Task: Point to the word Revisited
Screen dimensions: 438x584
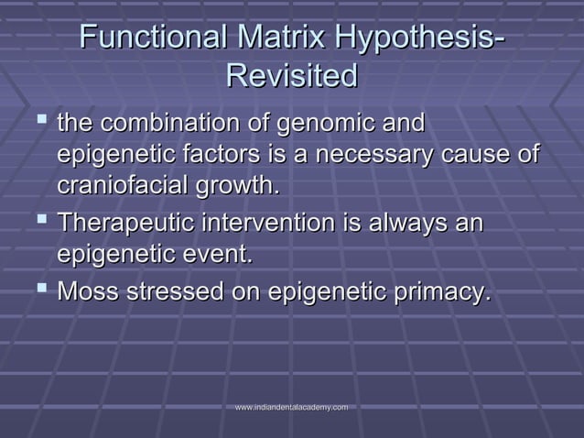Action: (291, 76)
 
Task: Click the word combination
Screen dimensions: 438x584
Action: (187, 123)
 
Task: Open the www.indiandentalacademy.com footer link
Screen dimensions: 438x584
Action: (291, 406)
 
